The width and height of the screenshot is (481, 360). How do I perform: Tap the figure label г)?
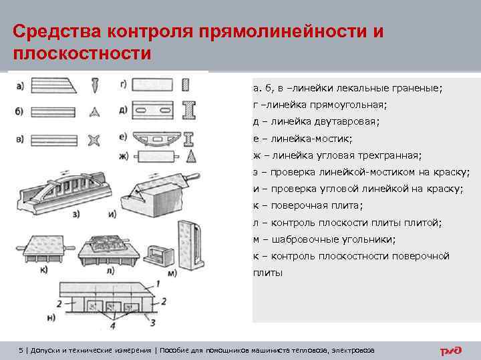123,84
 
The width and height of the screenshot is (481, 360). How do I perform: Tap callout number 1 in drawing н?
158,284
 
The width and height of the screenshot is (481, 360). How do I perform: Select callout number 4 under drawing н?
113,327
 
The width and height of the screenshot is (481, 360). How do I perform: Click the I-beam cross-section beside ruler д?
189,110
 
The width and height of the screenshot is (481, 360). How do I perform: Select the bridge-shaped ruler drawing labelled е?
152,138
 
